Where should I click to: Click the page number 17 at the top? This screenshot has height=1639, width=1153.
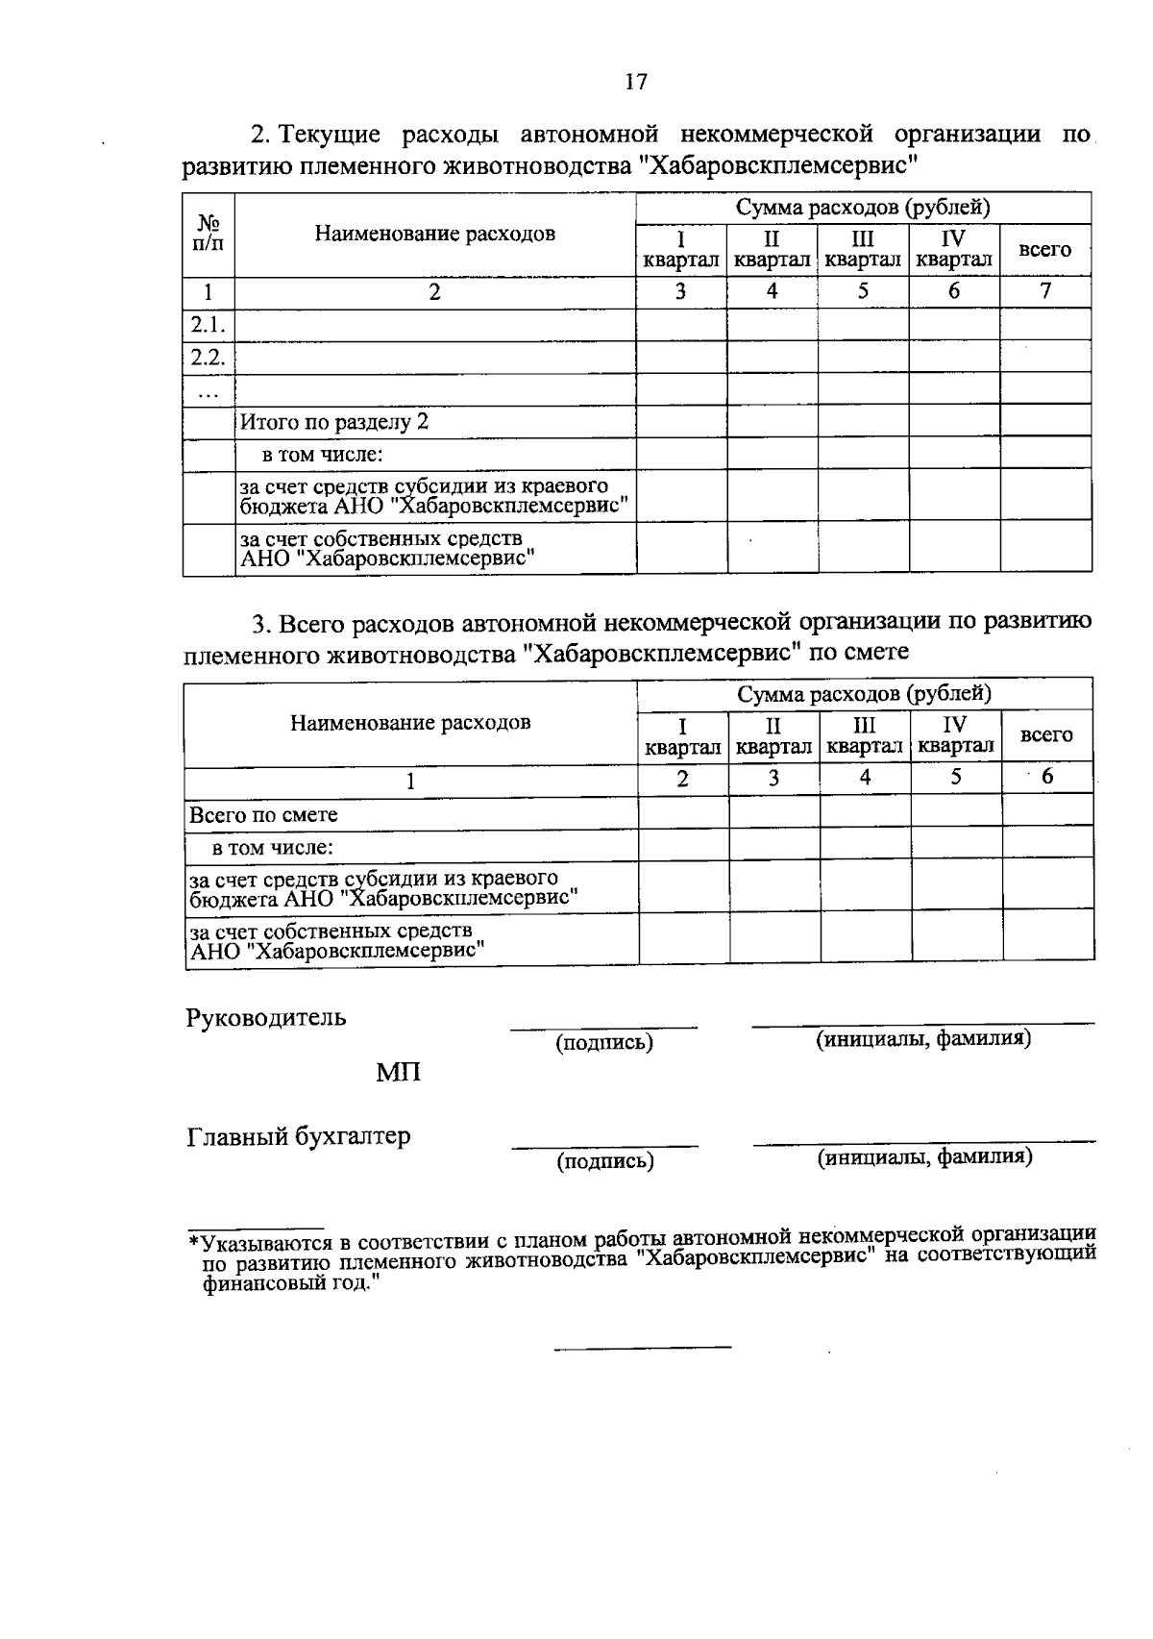[x=636, y=83]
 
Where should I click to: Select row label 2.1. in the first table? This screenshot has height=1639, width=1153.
[x=208, y=325]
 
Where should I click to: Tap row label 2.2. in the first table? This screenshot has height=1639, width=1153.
[x=208, y=358]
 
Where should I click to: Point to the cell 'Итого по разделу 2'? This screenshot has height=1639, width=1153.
[x=333, y=422]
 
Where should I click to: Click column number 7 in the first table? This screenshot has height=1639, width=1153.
[x=1045, y=291]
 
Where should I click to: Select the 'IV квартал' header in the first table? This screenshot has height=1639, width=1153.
[x=953, y=249]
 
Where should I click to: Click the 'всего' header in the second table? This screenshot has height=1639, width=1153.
[x=1046, y=735]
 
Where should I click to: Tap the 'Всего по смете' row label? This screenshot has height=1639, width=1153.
[x=264, y=815]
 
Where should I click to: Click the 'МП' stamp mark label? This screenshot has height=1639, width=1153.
[x=399, y=1073]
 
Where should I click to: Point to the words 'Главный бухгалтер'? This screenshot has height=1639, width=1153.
[x=299, y=1136]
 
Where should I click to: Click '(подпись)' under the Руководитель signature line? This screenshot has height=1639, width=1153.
[x=604, y=1043]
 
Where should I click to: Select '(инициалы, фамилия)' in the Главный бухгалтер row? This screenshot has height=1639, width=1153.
[x=924, y=1157]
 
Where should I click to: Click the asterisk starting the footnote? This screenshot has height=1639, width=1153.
[x=194, y=1240]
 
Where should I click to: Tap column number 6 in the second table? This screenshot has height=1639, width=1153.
[x=1047, y=777]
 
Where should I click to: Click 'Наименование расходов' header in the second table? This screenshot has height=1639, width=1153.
[x=410, y=723]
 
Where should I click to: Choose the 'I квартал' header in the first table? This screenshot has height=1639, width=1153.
[x=680, y=249]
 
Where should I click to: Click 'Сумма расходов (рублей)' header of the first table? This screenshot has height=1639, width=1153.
[x=863, y=208]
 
